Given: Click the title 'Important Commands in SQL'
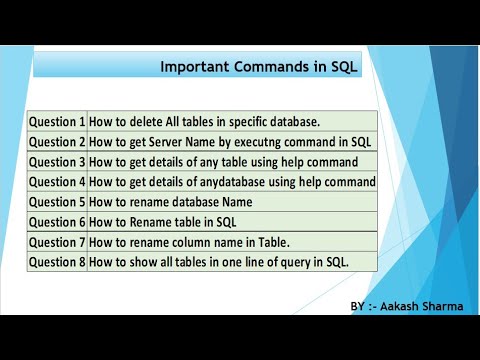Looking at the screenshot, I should (259, 67).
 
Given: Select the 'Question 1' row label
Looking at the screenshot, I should (57, 122).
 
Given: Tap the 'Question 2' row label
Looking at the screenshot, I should (57, 142).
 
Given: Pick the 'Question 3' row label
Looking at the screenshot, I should (57, 162).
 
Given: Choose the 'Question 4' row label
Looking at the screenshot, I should (57, 182).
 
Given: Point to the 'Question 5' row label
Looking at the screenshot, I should (57, 202).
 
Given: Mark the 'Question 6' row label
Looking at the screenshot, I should (57, 222).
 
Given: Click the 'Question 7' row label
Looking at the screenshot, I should (57, 242).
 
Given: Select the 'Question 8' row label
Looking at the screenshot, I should (57, 262).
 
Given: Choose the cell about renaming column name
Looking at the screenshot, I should (189, 242).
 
